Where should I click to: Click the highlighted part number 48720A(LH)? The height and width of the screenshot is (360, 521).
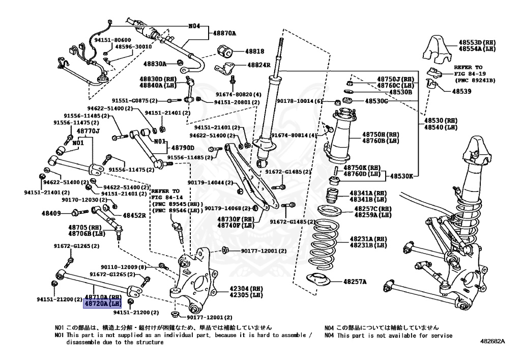tap(102, 303)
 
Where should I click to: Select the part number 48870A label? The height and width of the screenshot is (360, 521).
tap(224, 33)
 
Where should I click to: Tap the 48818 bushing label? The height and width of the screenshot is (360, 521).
tap(254, 51)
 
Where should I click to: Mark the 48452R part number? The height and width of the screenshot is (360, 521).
tap(134, 215)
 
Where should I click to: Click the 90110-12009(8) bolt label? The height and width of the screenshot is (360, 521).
tap(123, 267)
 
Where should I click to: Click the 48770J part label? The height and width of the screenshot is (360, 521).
tap(88, 131)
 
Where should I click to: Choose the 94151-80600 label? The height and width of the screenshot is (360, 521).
tap(112, 40)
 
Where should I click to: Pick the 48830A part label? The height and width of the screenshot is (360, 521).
tap(155, 64)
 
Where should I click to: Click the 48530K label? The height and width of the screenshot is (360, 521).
tap(402, 176)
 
